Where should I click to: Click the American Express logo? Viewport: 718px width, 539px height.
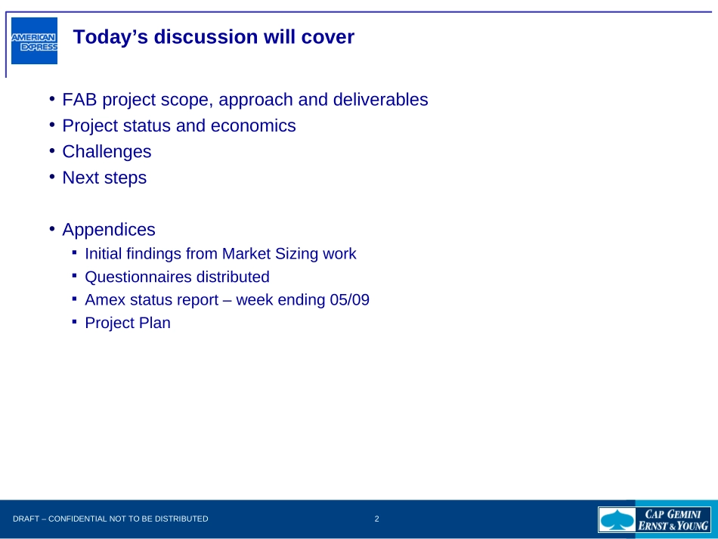34,41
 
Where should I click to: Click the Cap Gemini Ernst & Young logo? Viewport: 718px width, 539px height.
655,520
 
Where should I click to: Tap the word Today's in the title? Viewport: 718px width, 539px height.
110,37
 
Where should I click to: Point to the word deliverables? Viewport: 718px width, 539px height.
380,99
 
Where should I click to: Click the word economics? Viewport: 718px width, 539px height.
253,125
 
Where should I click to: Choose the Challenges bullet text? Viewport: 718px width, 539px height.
107,152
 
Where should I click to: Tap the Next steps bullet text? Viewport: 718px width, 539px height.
104,178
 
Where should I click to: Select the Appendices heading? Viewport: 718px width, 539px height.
109,229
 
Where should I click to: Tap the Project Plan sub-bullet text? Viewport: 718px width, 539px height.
128,323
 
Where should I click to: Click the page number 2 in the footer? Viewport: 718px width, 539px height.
377,519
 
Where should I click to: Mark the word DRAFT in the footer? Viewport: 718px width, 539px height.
26,519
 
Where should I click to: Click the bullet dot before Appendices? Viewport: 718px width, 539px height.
52,228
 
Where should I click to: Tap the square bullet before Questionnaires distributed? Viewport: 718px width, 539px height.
75,275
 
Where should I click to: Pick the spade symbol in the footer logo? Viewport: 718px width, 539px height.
617,520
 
